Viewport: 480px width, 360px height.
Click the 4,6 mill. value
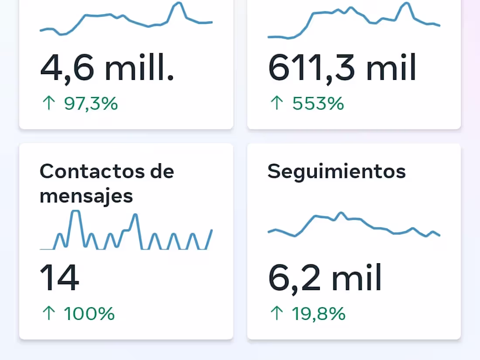pos(107,69)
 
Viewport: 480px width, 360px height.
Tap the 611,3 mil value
pos(342,69)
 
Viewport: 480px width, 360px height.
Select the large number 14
pos(59,278)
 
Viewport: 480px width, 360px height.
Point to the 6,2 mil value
pos(325,278)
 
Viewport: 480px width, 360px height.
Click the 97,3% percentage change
pos(91,104)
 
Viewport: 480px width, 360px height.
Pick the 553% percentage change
pos(318,104)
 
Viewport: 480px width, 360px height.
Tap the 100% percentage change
pos(89,314)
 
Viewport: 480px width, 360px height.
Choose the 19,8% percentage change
pos(319,314)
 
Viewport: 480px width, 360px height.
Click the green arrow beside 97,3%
pos(48,103)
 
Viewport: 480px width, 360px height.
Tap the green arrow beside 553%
pos(277,103)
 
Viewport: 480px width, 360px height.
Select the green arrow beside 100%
pos(48,313)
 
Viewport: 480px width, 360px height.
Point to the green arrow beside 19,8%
pos(277,313)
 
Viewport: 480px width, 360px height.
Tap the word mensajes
pos(86,196)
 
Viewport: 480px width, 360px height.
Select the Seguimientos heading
pos(336,171)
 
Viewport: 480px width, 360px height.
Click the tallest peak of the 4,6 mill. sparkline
pos(178,3)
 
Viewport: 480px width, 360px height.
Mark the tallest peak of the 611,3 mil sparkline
pos(406,3)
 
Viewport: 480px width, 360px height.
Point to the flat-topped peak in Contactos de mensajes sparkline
pos(75,211)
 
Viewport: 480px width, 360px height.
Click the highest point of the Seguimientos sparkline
pos(341,213)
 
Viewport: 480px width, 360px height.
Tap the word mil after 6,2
pos(357,278)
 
